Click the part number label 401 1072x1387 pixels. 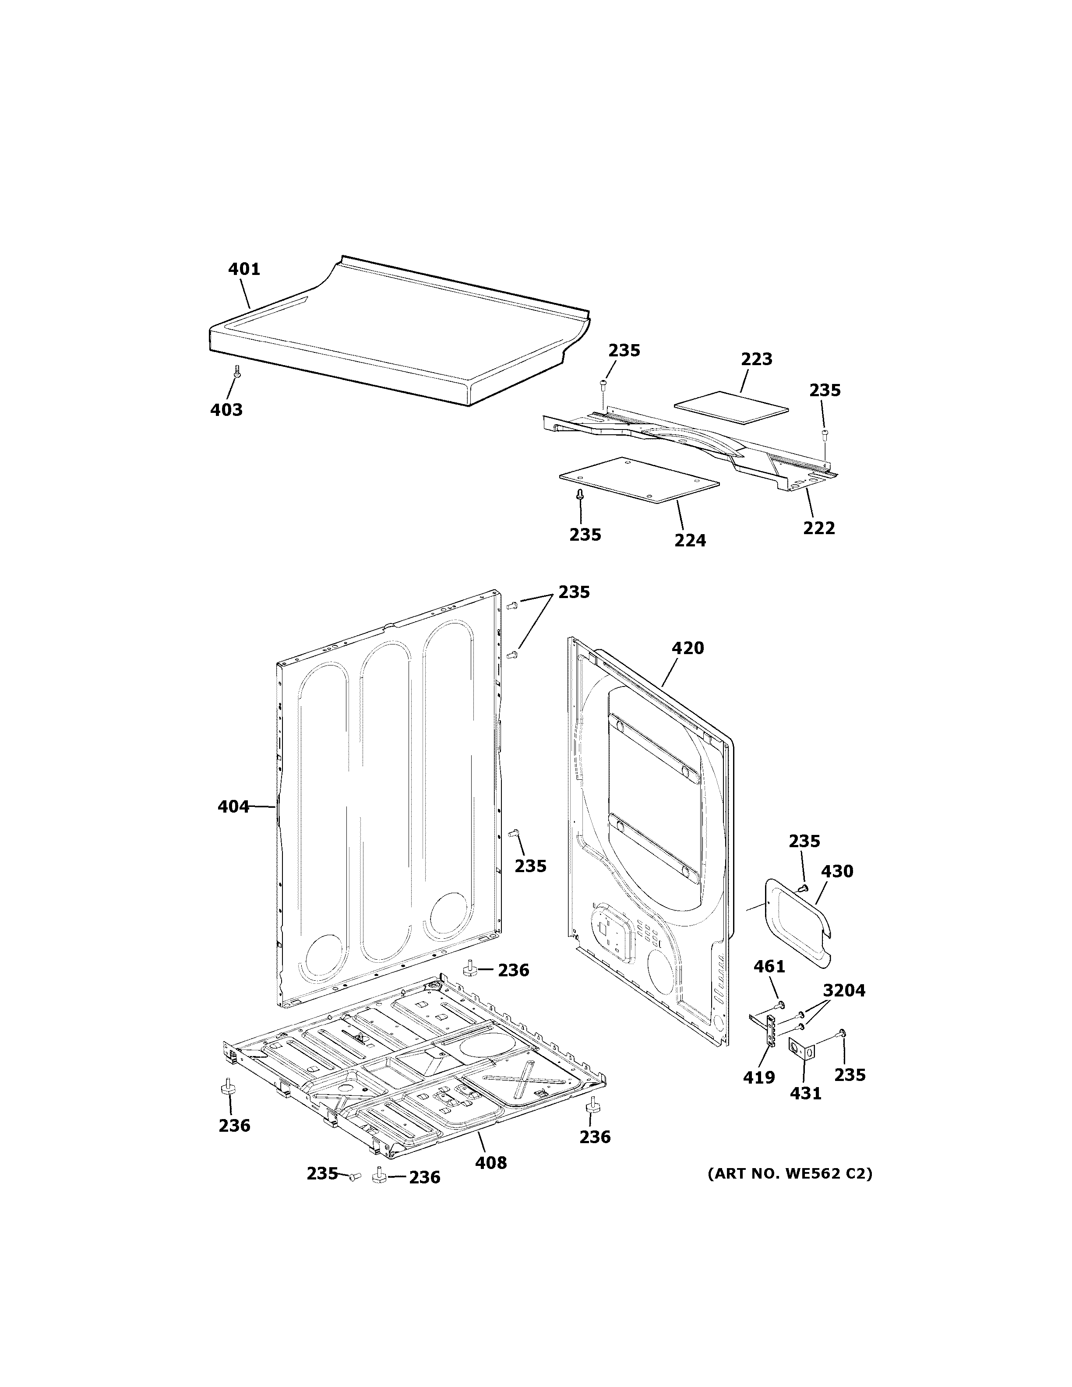[244, 269]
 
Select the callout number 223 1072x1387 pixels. [756, 359]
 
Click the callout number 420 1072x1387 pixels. [688, 648]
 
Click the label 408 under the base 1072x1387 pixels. [491, 1163]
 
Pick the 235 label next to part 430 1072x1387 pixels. [804, 841]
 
